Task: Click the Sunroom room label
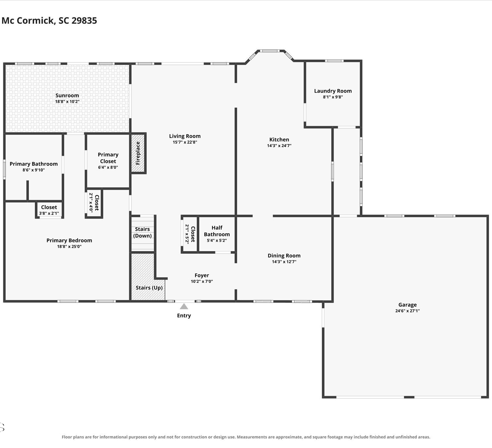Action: [67, 96]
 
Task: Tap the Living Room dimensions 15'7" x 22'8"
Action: [185, 142]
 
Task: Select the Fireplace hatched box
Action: [138, 153]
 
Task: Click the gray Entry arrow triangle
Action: [184, 306]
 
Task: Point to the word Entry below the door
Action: [184, 315]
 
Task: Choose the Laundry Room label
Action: [333, 91]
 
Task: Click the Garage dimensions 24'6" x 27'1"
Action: [407, 311]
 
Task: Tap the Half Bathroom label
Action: [217, 231]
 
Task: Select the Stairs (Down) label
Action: [142, 232]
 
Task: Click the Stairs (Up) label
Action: [149, 288]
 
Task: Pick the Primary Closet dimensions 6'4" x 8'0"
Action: [108, 167]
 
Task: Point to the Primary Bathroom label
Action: [33, 164]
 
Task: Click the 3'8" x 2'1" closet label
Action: [49, 213]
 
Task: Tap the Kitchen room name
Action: [279, 140]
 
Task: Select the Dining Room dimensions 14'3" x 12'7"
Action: [284, 262]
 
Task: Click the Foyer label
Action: [202, 275]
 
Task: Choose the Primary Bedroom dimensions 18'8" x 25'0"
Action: [69, 246]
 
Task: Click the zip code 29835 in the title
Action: [84, 20]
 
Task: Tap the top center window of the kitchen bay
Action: [270, 51]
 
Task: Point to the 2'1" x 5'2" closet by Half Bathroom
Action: [190, 234]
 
